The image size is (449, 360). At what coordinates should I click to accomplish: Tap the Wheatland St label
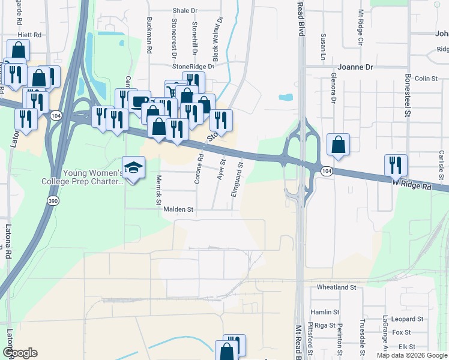point(337,288)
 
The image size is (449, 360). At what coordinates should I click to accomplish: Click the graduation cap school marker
point(133,167)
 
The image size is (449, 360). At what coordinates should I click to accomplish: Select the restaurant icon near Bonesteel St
point(396,165)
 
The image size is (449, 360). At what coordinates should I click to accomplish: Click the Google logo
point(19,353)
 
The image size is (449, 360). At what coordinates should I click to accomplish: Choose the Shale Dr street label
point(185,11)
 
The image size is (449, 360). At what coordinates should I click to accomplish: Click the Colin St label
point(426,79)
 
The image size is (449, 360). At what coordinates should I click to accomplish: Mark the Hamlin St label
point(325,313)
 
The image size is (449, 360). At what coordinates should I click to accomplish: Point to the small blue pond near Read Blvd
point(286,97)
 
